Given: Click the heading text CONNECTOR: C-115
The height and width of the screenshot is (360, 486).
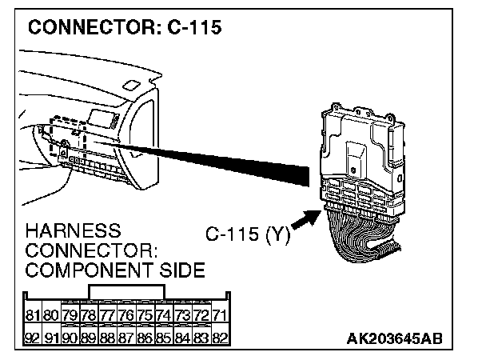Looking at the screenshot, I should (x=124, y=29).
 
